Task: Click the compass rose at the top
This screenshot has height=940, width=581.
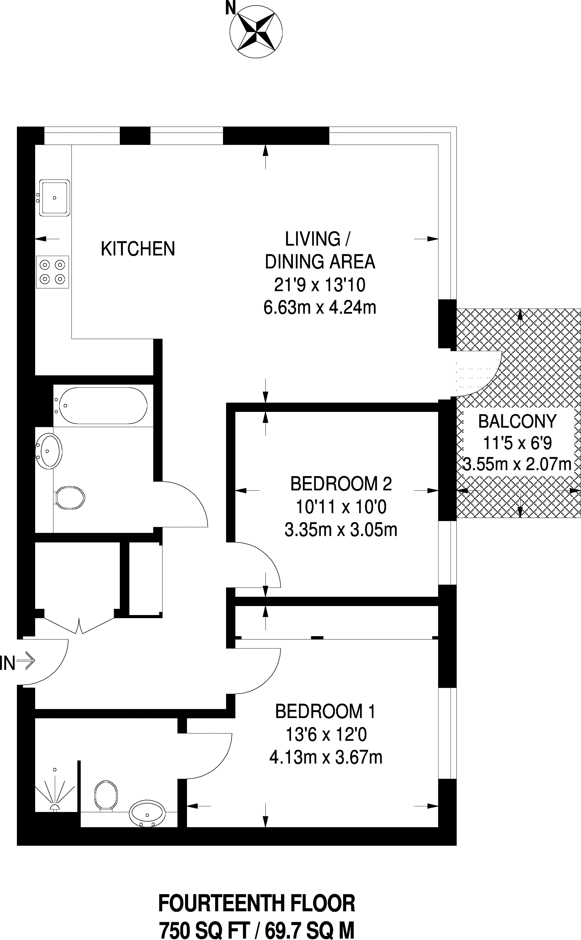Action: pos(256,32)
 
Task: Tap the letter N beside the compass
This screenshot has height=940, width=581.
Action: pos(230,7)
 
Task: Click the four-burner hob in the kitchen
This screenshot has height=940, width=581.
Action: pos(53,272)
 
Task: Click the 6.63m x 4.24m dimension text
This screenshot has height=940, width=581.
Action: pos(320,308)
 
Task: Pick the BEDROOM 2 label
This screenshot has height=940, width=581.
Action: pos(341,483)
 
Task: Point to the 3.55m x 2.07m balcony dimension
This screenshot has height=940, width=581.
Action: pos(517,464)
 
